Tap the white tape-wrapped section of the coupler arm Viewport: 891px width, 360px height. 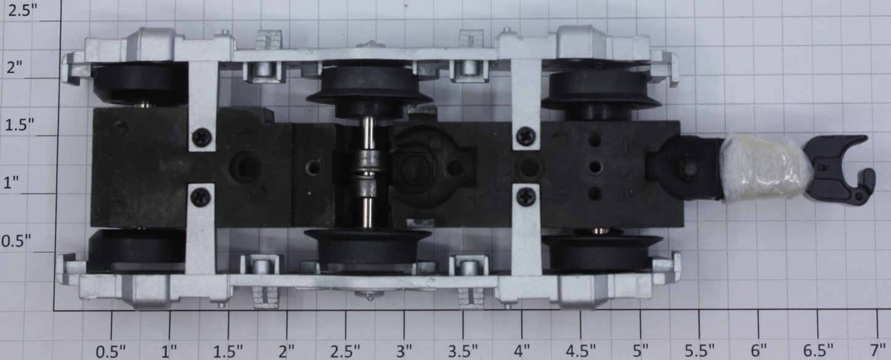tap(763, 167)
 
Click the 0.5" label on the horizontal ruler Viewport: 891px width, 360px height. tap(110, 351)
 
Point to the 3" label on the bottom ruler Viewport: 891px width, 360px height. tap(404, 351)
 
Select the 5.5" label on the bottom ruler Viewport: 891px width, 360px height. tap(699, 351)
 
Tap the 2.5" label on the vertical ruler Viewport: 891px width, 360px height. tap(23, 10)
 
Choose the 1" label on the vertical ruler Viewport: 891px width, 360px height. tap(12, 183)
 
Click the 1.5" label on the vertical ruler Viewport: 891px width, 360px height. tap(20, 125)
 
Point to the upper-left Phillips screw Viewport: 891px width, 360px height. tap(202, 137)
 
